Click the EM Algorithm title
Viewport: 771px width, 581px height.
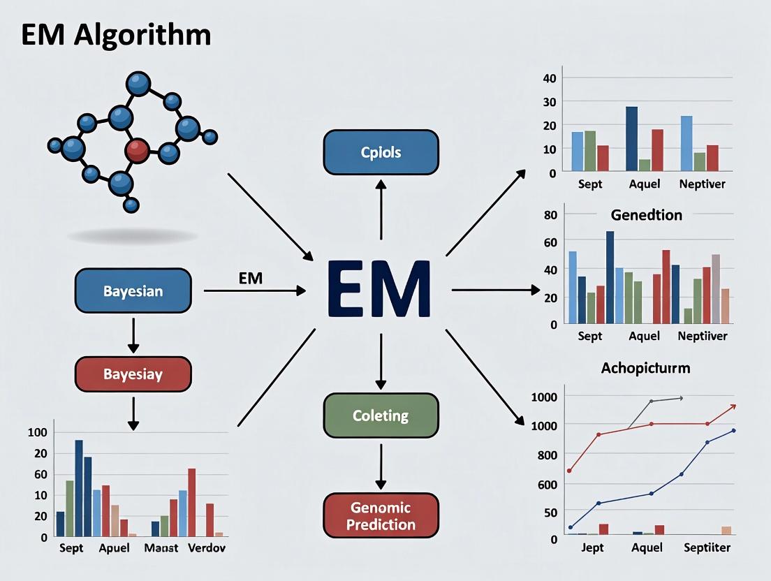[x=116, y=35]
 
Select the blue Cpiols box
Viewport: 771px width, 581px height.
[x=381, y=152]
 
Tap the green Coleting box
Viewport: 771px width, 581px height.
[x=381, y=415]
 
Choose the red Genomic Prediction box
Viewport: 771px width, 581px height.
[x=381, y=516]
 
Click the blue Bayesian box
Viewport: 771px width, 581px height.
[x=133, y=290]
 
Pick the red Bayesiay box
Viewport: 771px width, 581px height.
[x=133, y=374]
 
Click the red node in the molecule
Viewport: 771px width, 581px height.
[x=137, y=147]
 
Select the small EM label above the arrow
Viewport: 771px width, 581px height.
[x=250, y=278]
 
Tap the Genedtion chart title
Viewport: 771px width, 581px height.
[x=646, y=214]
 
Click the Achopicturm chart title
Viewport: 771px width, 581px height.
[x=645, y=367]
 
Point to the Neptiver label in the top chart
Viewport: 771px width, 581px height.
[x=702, y=184]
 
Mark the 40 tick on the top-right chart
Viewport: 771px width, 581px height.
[x=549, y=78]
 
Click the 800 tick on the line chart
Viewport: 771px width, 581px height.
[x=548, y=455]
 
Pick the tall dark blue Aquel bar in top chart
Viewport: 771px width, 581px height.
[x=631, y=138]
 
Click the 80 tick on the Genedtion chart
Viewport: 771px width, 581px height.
[x=550, y=214]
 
